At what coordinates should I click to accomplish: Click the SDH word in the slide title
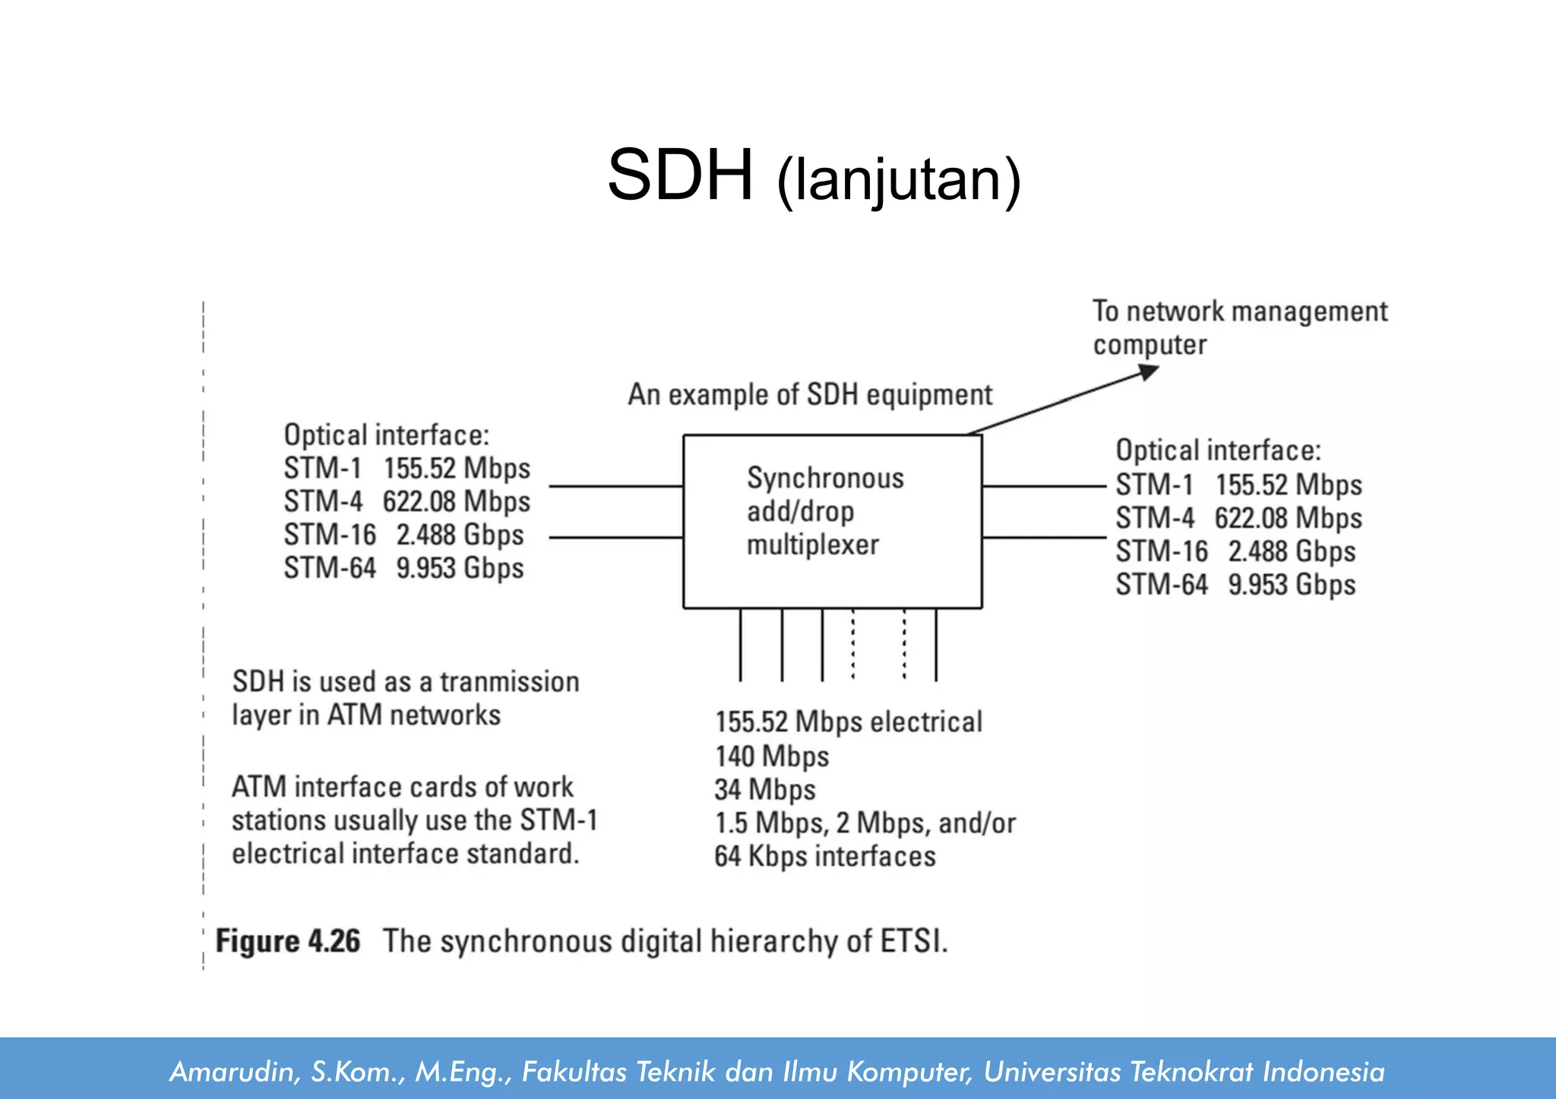(680, 176)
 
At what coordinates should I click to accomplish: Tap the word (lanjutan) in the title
(899, 181)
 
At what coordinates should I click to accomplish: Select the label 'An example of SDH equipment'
(810, 395)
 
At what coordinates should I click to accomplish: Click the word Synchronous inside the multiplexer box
(825, 478)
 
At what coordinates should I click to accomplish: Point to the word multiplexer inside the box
(812, 545)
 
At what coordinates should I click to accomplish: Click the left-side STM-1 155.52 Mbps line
(406, 469)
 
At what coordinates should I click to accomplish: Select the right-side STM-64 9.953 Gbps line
(1235, 585)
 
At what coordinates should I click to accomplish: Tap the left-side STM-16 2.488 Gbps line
(403, 535)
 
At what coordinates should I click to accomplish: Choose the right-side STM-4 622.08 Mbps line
(1238, 518)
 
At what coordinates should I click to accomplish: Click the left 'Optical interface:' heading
(386, 435)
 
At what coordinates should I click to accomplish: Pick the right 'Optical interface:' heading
(1218, 450)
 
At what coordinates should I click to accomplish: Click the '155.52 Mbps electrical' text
(848, 722)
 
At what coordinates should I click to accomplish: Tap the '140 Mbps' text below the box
(771, 756)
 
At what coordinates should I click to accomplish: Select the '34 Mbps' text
(764, 790)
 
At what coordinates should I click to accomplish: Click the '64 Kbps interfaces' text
(824, 857)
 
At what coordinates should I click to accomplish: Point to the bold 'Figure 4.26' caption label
(288, 941)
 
